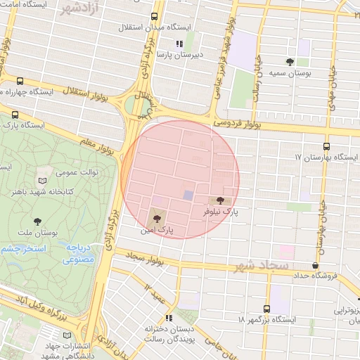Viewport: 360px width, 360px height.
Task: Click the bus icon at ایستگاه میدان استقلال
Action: pyautogui.click(x=154, y=17)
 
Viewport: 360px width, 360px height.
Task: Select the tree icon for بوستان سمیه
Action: pyautogui.click(x=290, y=62)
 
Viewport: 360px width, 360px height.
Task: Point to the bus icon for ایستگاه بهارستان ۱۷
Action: pyautogui.click(x=326, y=146)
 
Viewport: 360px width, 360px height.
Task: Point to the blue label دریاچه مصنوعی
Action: pyautogui.click(x=79, y=254)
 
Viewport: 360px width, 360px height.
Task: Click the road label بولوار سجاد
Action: pyautogui.click(x=146, y=259)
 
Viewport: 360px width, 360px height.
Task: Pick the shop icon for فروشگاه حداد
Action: pyautogui.click(x=314, y=265)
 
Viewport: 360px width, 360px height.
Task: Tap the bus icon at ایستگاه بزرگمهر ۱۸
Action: pyautogui.click(x=266, y=309)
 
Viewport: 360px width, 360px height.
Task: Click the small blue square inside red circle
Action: pyautogui.click(x=188, y=195)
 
